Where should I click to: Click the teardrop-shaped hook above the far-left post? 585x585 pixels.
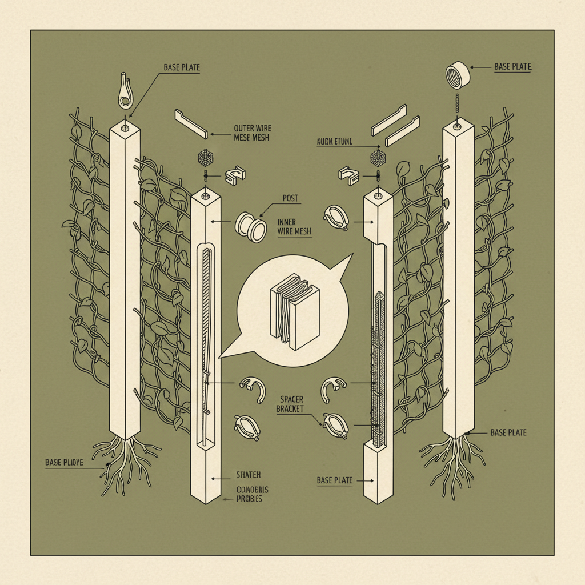(125, 91)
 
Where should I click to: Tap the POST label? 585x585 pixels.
(291, 198)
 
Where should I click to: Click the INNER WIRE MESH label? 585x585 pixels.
(294, 227)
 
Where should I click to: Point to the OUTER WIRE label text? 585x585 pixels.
(253, 129)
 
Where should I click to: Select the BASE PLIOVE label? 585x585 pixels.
(64, 462)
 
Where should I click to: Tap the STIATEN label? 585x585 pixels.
(249, 474)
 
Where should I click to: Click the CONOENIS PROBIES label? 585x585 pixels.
(252, 494)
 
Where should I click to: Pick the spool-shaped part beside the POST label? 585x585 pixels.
(251, 225)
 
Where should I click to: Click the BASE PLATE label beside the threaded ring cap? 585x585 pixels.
(512, 67)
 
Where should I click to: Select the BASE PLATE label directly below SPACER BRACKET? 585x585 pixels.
(335, 480)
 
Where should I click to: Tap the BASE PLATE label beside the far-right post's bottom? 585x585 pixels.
(508, 432)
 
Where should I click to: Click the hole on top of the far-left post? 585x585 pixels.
(125, 123)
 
